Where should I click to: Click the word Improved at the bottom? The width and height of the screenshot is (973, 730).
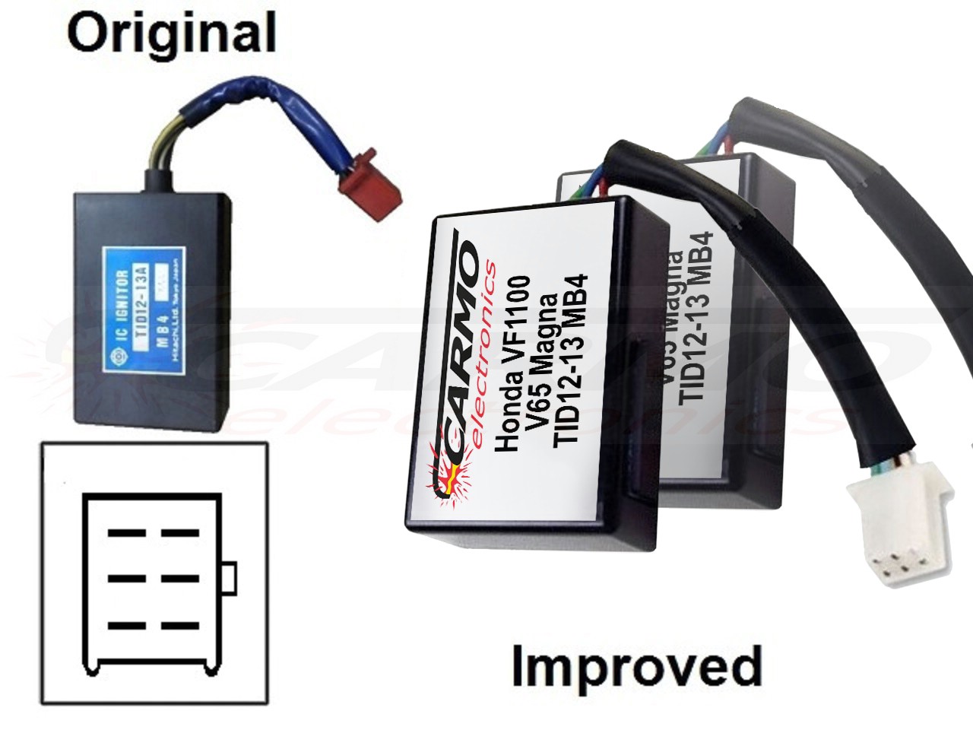point(635,666)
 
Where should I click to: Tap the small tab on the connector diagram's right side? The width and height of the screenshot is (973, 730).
point(230,579)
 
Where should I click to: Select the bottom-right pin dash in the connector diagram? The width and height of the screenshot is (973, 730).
point(179,626)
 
